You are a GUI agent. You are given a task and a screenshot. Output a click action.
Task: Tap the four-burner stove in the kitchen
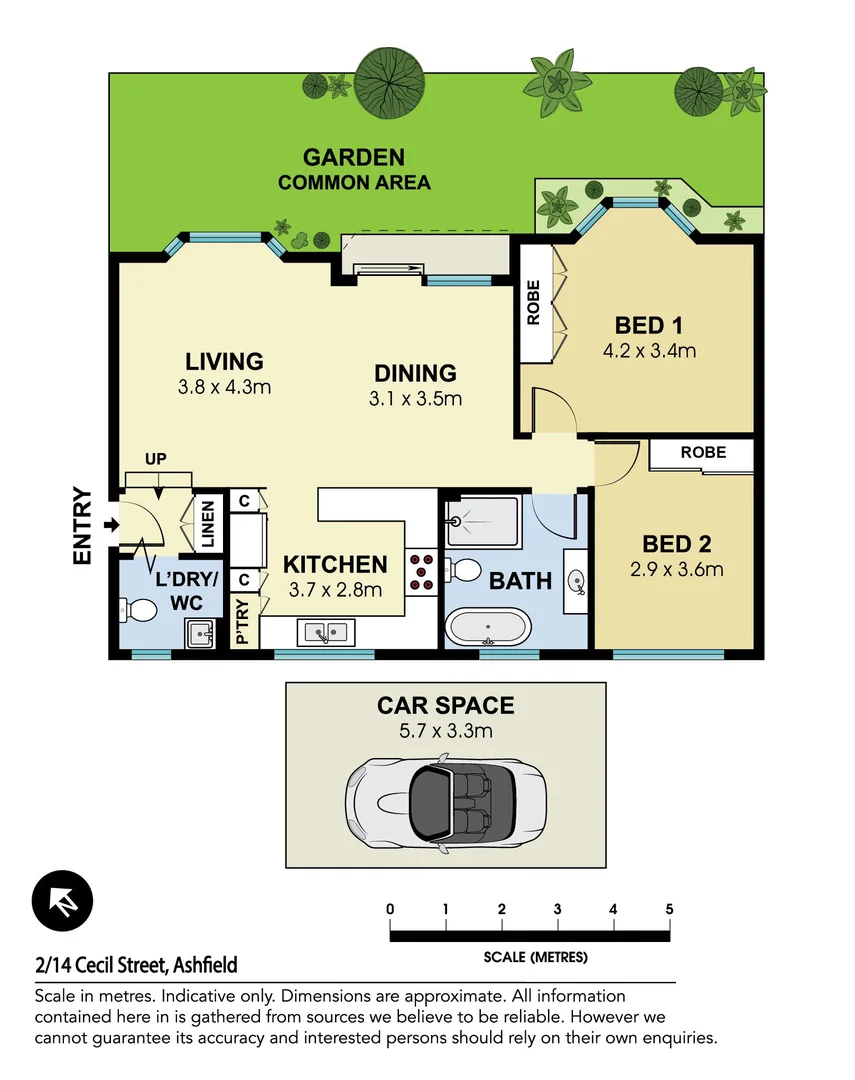pyautogui.click(x=420, y=571)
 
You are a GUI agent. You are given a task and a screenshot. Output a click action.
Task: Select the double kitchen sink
pyautogui.click(x=327, y=632)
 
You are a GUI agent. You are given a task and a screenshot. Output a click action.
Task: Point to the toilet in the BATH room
pyautogui.click(x=462, y=570)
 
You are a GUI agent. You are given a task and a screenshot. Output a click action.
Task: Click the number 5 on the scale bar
pyautogui.click(x=669, y=909)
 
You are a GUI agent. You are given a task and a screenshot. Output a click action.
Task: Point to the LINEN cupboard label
pyautogui.click(x=208, y=523)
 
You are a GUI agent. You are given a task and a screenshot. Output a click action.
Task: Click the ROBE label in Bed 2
pyautogui.click(x=703, y=452)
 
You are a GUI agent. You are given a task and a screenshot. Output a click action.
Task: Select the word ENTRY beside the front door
pyautogui.click(x=83, y=526)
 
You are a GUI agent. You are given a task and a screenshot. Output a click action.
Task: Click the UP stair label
pyautogui.click(x=154, y=459)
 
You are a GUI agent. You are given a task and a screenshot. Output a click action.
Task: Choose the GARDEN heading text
pyautogui.click(x=354, y=157)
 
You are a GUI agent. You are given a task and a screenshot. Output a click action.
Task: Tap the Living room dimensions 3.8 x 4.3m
pyautogui.click(x=224, y=387)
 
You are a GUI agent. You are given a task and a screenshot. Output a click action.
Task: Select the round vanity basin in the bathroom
pyautogui.click(x=576, y=580)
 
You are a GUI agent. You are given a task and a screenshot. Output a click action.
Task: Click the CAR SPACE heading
pyautogui.click(x=445, y=705)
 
